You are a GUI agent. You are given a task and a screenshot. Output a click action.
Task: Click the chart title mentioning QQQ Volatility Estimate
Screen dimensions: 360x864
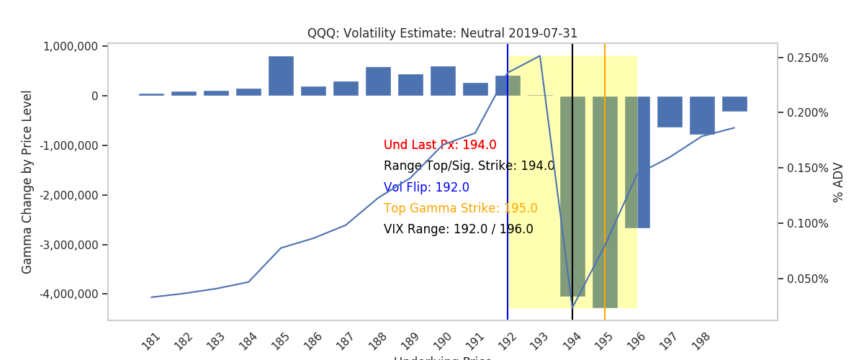pyautogui.click(x=442, y=33)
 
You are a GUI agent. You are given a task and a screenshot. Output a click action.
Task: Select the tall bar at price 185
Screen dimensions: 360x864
pyautogui.click(x=281, y=76)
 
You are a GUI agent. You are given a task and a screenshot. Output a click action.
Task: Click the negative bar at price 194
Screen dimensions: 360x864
pyautogui.click(x=572, y=196)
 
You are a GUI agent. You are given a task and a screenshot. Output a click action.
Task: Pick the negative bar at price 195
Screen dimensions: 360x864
pyautogui.click(x=605, y=202)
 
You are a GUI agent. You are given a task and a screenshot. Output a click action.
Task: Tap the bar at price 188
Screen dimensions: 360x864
pyautogui.click(x=378, y=81)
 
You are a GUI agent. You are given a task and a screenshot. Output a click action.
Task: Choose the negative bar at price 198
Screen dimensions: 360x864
pyautogui.click(x=702, y=115)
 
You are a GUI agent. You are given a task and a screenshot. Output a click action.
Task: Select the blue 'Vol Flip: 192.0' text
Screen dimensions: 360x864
pyautogui.click(x=426, y=187)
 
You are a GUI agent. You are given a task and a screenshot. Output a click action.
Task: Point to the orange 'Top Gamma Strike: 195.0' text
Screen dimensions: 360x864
pyautogui.click(x=460, y=208)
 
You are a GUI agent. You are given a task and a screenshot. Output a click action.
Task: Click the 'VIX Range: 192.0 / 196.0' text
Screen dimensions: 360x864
pyautogui.click(x=458, y=229)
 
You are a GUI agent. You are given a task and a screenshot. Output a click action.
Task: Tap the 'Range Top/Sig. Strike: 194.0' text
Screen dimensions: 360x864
pyautogui.click(x=469, y=166)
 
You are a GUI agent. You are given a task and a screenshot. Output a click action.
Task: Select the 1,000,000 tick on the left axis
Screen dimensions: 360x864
pyautogui.click(x=71, y=46)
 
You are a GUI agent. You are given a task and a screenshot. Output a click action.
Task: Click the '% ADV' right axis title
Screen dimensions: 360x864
pyautogui.click(x=838, y=182)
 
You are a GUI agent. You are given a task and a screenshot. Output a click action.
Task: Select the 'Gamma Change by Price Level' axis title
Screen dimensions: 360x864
pyautogui.click(x=27, y=182)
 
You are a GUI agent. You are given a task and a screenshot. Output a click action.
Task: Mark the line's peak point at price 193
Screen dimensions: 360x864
pyautogui.click(x=540, y=55)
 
